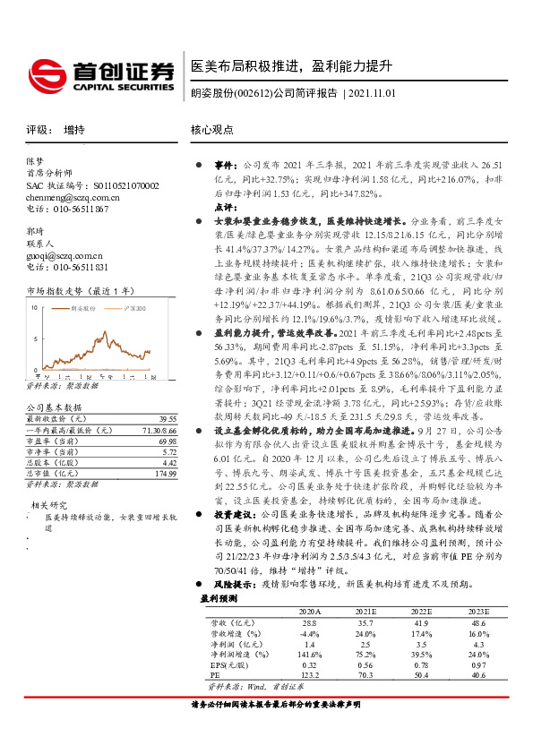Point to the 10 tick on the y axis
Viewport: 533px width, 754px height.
(33, 307)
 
